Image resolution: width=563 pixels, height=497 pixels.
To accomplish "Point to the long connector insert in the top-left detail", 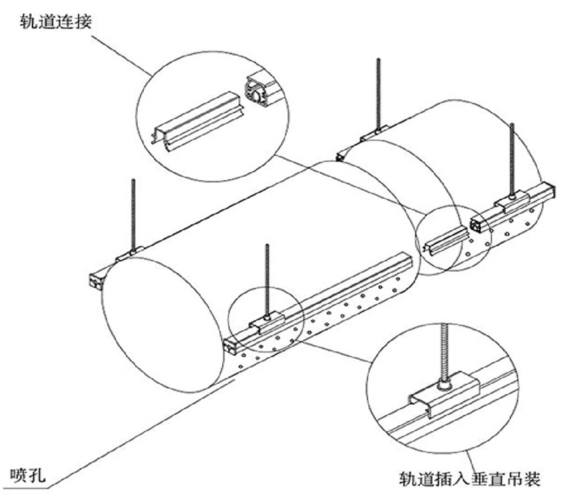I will tap(192, 129).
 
